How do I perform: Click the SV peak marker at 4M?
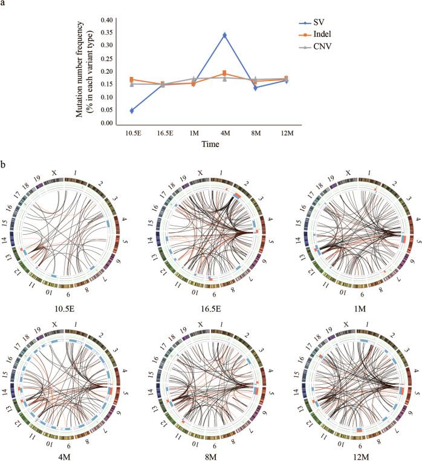(208, 35)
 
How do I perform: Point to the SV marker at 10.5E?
(114, 111)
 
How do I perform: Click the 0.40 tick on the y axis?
(105, 20)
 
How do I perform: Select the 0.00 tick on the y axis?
(105, 123)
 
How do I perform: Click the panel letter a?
(4, 5)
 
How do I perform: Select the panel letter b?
(4, 164)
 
